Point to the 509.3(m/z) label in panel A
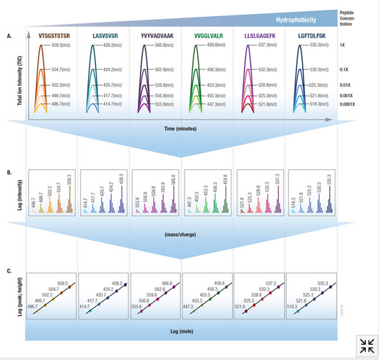(64, 45)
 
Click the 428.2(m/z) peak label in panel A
(114, 45)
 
